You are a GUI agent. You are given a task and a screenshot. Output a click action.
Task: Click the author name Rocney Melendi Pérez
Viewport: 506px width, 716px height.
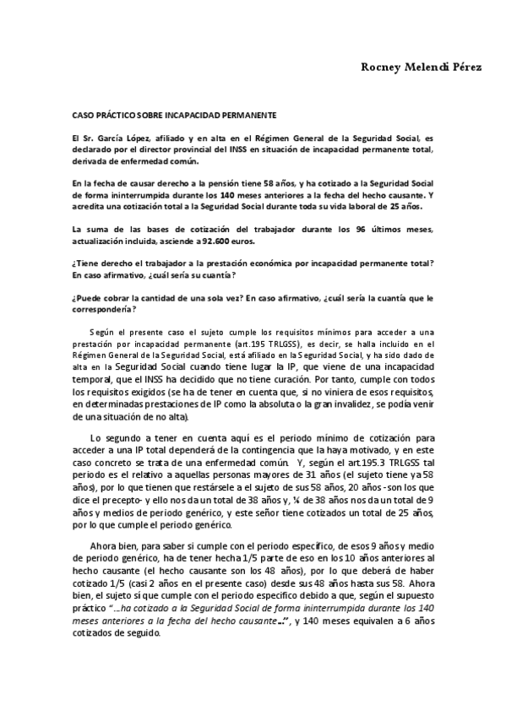(422, 68)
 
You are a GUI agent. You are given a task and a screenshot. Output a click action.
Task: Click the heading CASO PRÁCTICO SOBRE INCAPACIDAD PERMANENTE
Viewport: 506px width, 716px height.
(174, 113)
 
